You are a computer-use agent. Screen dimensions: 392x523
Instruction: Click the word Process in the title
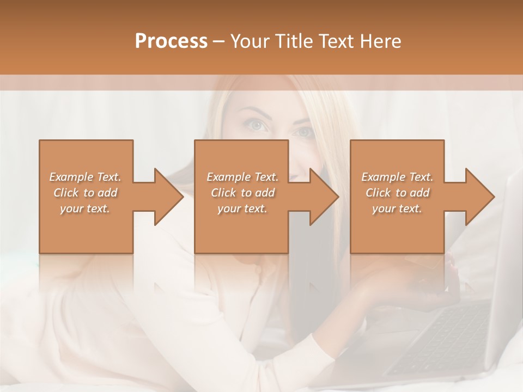[171, 41]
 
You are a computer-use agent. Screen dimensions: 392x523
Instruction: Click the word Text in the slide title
[337, 41]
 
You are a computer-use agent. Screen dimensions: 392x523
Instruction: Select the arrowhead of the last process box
[479, 197]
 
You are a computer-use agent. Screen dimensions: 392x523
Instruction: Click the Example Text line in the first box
[86, 177]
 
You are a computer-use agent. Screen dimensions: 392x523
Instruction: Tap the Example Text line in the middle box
[242, 177]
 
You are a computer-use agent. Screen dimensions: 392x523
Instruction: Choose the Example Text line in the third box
[397, 177]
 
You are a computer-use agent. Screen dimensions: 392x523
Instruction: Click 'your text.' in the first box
[86, 209]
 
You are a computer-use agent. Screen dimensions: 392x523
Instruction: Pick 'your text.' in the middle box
[242, 209]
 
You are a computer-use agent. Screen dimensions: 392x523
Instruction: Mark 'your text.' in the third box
[397, 209]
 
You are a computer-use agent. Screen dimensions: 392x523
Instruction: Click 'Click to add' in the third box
[397, 193]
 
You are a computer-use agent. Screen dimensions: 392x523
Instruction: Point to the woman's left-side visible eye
[257, 126]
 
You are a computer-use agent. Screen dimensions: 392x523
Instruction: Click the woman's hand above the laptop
[403, 283]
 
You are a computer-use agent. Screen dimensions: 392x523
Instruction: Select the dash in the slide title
[219, 41]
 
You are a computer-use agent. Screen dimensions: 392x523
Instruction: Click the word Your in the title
[250, 41]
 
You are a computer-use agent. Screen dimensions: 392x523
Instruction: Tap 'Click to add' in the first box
[86, 193]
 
